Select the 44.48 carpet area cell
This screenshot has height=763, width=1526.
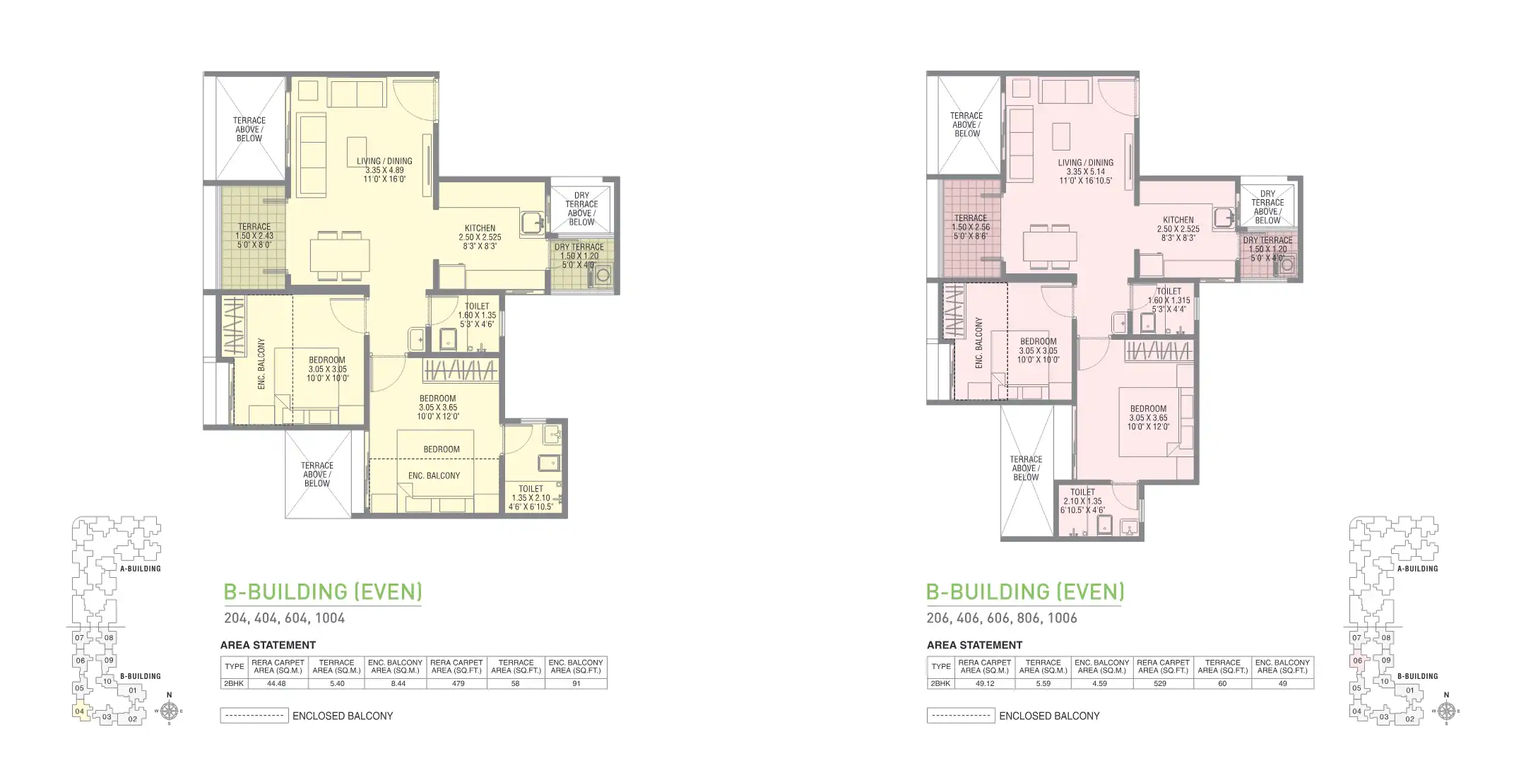[x=278, y=684]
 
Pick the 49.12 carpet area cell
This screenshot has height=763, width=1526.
[x=985, y=684]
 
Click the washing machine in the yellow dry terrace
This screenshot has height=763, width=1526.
[x=603, y=276]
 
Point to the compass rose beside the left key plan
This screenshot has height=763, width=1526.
[x=168, y=711]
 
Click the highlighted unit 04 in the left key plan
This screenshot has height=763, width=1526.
[x=80, y=711]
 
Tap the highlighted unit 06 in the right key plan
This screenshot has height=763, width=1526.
[x=1356, y=661]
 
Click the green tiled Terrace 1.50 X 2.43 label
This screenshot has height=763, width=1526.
[x=254, y=236]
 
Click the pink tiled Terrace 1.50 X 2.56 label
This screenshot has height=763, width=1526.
[x=970, y=227]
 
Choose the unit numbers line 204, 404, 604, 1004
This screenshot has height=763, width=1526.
[x=284, y=618]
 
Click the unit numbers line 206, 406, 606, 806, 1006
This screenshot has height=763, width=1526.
[x=1002, y=618]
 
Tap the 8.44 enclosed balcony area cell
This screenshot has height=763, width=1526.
[x=396, y=684]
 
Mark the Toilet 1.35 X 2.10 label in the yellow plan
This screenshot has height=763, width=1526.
[x=531, y=497]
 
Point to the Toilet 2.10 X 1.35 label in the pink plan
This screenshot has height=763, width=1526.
[x=1082, y=501]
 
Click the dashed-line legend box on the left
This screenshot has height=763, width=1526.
[x=254, y=716]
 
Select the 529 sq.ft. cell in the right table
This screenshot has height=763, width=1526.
[x=1159, y=684]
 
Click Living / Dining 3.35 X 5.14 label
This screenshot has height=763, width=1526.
[x=1085, y=172]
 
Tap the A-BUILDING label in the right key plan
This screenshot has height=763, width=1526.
[x=1416, y=569]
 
